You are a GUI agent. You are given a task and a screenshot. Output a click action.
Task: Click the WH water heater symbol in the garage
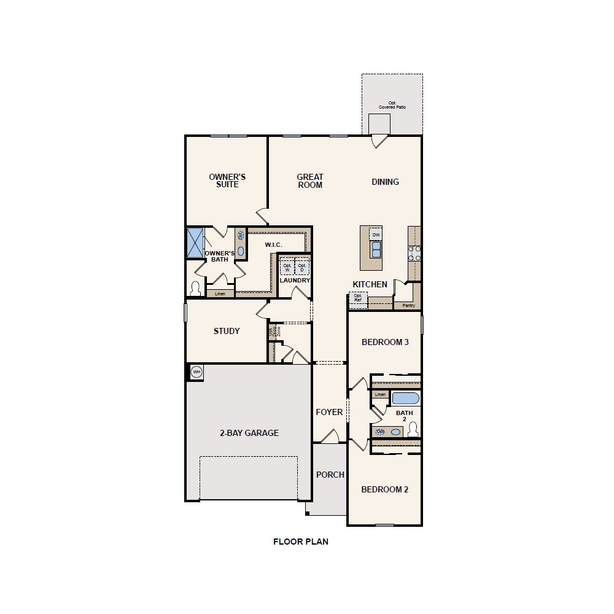196,371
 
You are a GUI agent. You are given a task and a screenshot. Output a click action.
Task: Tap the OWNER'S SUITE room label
227,181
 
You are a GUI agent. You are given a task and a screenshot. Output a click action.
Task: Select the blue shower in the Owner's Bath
195,243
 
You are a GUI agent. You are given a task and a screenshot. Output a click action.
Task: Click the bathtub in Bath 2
405,398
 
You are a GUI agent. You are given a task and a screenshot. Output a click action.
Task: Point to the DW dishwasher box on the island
376,235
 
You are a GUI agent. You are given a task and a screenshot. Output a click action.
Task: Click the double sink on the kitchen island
376,250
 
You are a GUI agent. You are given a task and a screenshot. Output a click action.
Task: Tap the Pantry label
408,305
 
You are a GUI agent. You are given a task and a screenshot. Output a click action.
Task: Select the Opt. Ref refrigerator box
357,298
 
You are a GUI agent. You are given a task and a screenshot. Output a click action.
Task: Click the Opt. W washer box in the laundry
287,268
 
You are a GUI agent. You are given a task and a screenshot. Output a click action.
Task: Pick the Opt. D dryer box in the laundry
302,268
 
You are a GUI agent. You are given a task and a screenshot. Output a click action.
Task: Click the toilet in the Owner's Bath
196,288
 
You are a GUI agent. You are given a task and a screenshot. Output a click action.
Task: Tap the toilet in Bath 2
413,429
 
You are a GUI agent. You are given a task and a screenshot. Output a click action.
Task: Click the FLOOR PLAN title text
301,542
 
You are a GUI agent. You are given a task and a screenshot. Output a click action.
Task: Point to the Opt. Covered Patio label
392,106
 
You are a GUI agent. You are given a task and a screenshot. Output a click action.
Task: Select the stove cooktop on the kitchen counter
414,254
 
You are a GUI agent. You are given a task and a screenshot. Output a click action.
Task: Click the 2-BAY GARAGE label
249,433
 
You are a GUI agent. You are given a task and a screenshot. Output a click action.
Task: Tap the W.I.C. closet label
273,245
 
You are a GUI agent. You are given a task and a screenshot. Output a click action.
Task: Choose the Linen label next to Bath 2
380,394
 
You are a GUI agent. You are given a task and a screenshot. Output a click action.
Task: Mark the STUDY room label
227,331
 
